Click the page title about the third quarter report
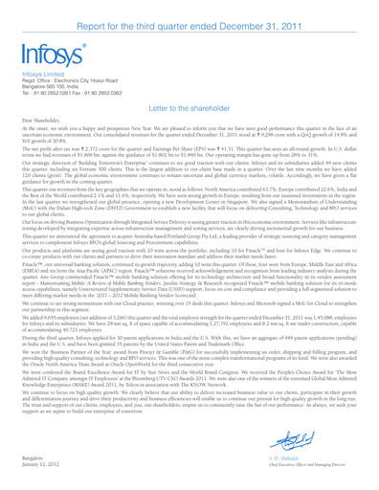pos(189,12)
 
